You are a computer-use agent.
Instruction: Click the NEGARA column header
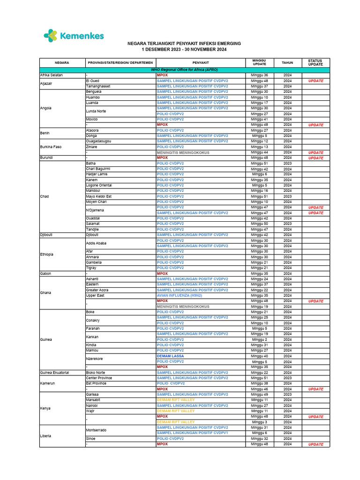62,62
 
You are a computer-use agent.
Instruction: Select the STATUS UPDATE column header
315,62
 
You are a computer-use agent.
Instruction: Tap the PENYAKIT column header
201,62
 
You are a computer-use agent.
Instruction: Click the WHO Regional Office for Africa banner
184,69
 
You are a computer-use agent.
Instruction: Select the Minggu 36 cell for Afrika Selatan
259,75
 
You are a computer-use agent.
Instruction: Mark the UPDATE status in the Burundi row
315,158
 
